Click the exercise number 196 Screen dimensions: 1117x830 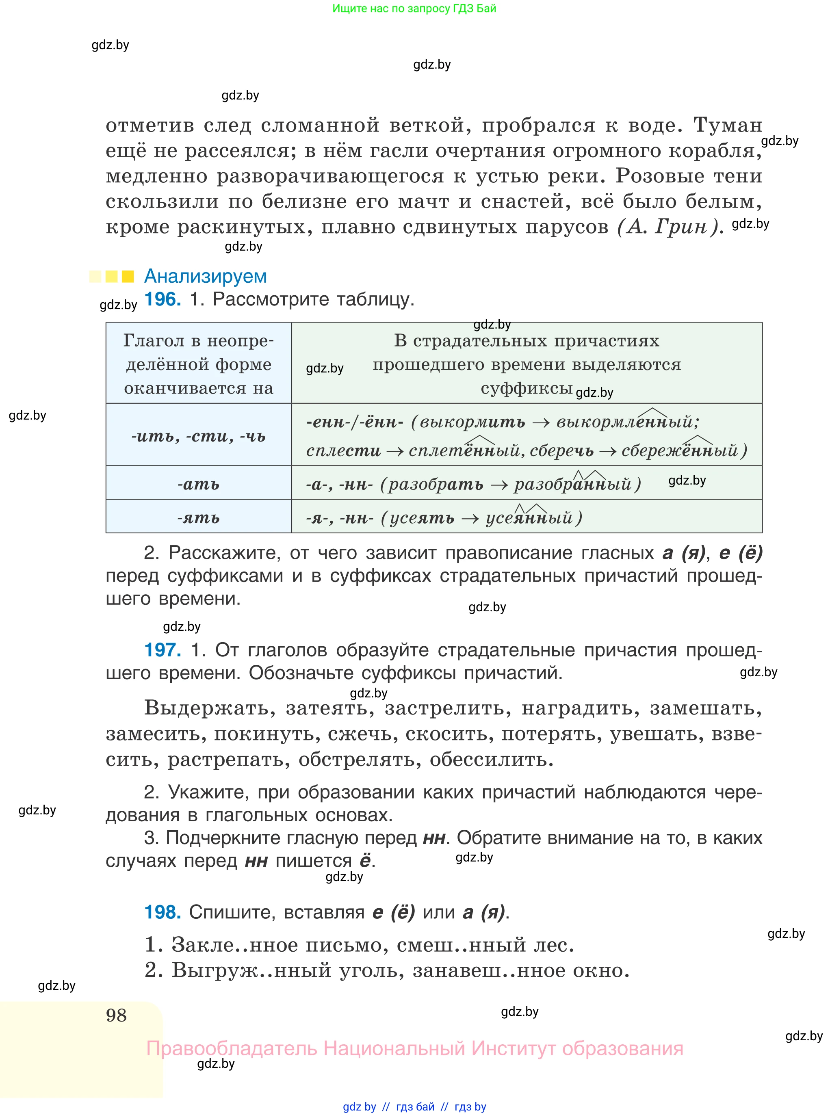[162, 299]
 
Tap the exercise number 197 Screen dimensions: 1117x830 [162, 650]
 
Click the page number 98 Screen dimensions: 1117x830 [116, 1015]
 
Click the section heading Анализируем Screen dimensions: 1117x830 [205, 276]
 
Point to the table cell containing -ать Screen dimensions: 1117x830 [198, 484]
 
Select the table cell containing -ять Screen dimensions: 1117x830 [198, 517]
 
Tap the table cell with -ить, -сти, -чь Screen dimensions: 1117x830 [198, 435]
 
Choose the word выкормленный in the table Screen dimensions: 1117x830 [628, 421]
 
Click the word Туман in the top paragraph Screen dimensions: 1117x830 [728, 125]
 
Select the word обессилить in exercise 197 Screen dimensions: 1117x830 [491, 760]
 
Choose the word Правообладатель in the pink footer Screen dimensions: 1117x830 [232, 1049]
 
